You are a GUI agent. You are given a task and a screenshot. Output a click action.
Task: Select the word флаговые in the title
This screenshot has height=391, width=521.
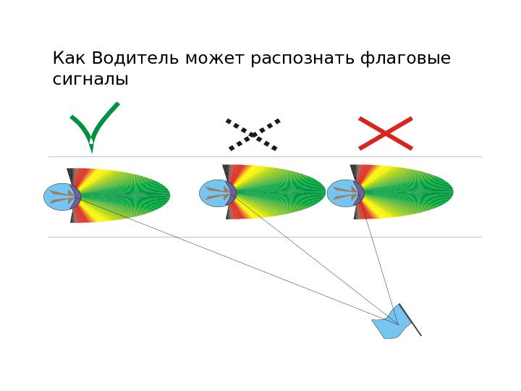coord(405,59)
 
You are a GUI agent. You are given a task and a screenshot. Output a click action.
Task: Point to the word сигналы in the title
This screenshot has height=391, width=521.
coord(90,80)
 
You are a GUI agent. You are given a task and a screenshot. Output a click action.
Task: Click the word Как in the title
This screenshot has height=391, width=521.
coord(69,58)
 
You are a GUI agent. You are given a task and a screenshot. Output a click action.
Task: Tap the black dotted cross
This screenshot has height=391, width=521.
coord(253,135)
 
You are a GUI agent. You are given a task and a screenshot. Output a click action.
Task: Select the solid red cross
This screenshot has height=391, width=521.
coord(386,133)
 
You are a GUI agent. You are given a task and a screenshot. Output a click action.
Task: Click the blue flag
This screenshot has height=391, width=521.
coord(389,324)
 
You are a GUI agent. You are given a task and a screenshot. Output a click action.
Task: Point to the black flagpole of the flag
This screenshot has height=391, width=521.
coord(410,319)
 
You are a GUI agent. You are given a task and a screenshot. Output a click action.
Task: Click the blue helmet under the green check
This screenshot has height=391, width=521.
coord(59,196)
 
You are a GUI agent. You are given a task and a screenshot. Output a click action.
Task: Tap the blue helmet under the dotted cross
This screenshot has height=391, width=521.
coord(215,193)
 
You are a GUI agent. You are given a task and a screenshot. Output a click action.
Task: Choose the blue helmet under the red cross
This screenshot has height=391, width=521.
coord(342,193)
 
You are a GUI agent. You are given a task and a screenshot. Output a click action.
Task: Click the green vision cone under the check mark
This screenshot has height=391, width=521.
coord(137,195)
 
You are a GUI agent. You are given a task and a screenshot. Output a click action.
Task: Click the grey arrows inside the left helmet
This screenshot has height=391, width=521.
coord(62,196)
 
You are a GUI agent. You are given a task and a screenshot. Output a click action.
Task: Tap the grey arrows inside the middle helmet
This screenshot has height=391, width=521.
coord(218,193)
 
